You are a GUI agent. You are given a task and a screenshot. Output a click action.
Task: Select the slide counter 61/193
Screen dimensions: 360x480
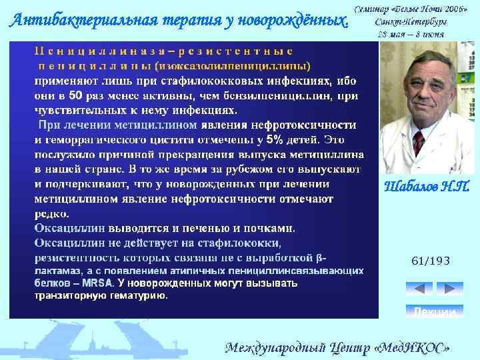click(430, 262)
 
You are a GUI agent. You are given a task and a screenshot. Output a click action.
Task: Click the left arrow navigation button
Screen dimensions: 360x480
click(419, 289)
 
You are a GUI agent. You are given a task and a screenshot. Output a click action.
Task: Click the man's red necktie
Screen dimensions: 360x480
click(419, 143)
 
